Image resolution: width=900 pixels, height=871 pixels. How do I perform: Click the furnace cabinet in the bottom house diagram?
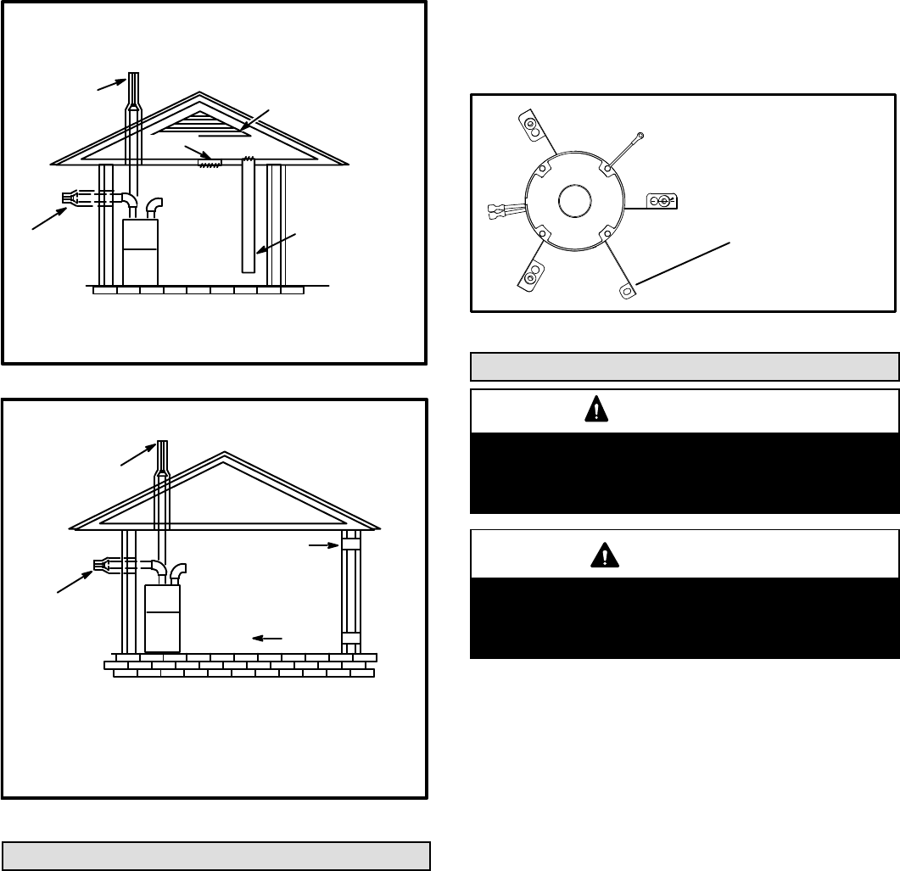pyautogui.click(x=162, y=617)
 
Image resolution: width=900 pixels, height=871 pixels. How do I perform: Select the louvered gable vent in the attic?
pyautogui.click(x=200, y=125)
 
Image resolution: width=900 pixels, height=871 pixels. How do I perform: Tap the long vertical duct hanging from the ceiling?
pyautogui.click(x=249, y=216)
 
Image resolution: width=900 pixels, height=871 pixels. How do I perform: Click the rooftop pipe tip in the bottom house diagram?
pyautogui.click(x=161, y=450)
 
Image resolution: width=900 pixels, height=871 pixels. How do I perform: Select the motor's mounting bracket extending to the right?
pyautogui.click(x=660, y=201)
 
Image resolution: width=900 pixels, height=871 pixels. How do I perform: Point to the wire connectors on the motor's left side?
pyautogui.click(x=497, y=209)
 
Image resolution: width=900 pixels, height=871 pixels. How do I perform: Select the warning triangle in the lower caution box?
pyautogui.click(x=599, y=556)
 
